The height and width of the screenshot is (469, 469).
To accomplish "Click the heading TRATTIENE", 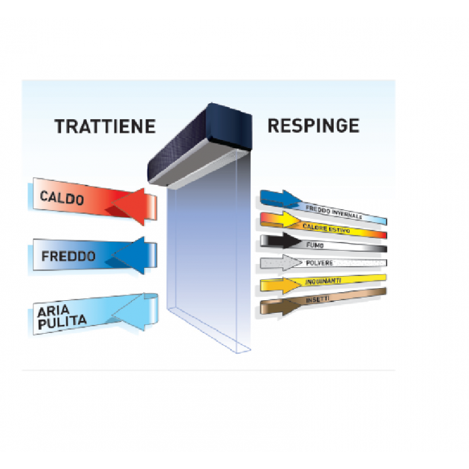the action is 105,126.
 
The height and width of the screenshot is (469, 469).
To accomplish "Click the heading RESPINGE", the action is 314,126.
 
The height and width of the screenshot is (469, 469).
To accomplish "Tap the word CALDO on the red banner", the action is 62,198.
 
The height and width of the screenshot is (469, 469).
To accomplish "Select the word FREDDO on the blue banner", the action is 68,257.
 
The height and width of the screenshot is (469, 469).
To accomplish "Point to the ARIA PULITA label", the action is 62,318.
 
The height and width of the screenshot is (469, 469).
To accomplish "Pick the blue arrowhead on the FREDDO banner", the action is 131,255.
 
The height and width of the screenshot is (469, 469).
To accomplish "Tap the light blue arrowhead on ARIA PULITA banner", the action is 131,312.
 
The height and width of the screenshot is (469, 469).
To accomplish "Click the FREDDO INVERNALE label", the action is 334,212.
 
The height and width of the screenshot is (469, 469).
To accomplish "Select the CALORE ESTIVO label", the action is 326,228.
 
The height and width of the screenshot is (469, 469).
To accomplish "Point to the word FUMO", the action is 315,245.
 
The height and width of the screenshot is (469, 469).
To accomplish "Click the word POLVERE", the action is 320,263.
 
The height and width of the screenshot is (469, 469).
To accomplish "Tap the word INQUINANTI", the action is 323,281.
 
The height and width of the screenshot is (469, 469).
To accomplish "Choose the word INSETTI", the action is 318,299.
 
